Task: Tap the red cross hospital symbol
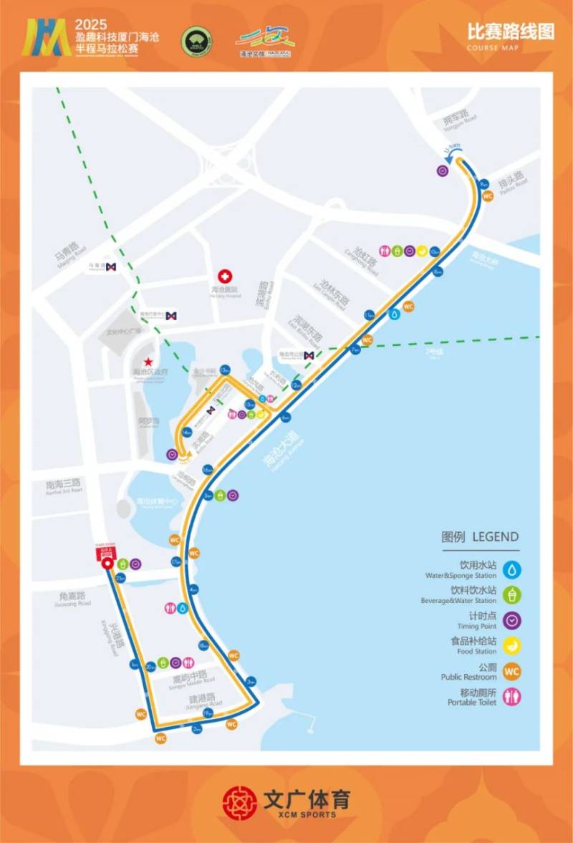225,276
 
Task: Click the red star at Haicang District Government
149,362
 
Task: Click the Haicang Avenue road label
279,451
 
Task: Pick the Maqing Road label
69,254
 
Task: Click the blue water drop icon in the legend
511,569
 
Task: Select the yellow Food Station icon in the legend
511,645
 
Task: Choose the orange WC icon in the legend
511,671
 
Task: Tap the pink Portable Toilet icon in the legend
511,697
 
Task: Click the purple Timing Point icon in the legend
511,620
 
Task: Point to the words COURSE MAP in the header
493,48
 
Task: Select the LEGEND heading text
481,537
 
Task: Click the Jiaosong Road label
72,599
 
